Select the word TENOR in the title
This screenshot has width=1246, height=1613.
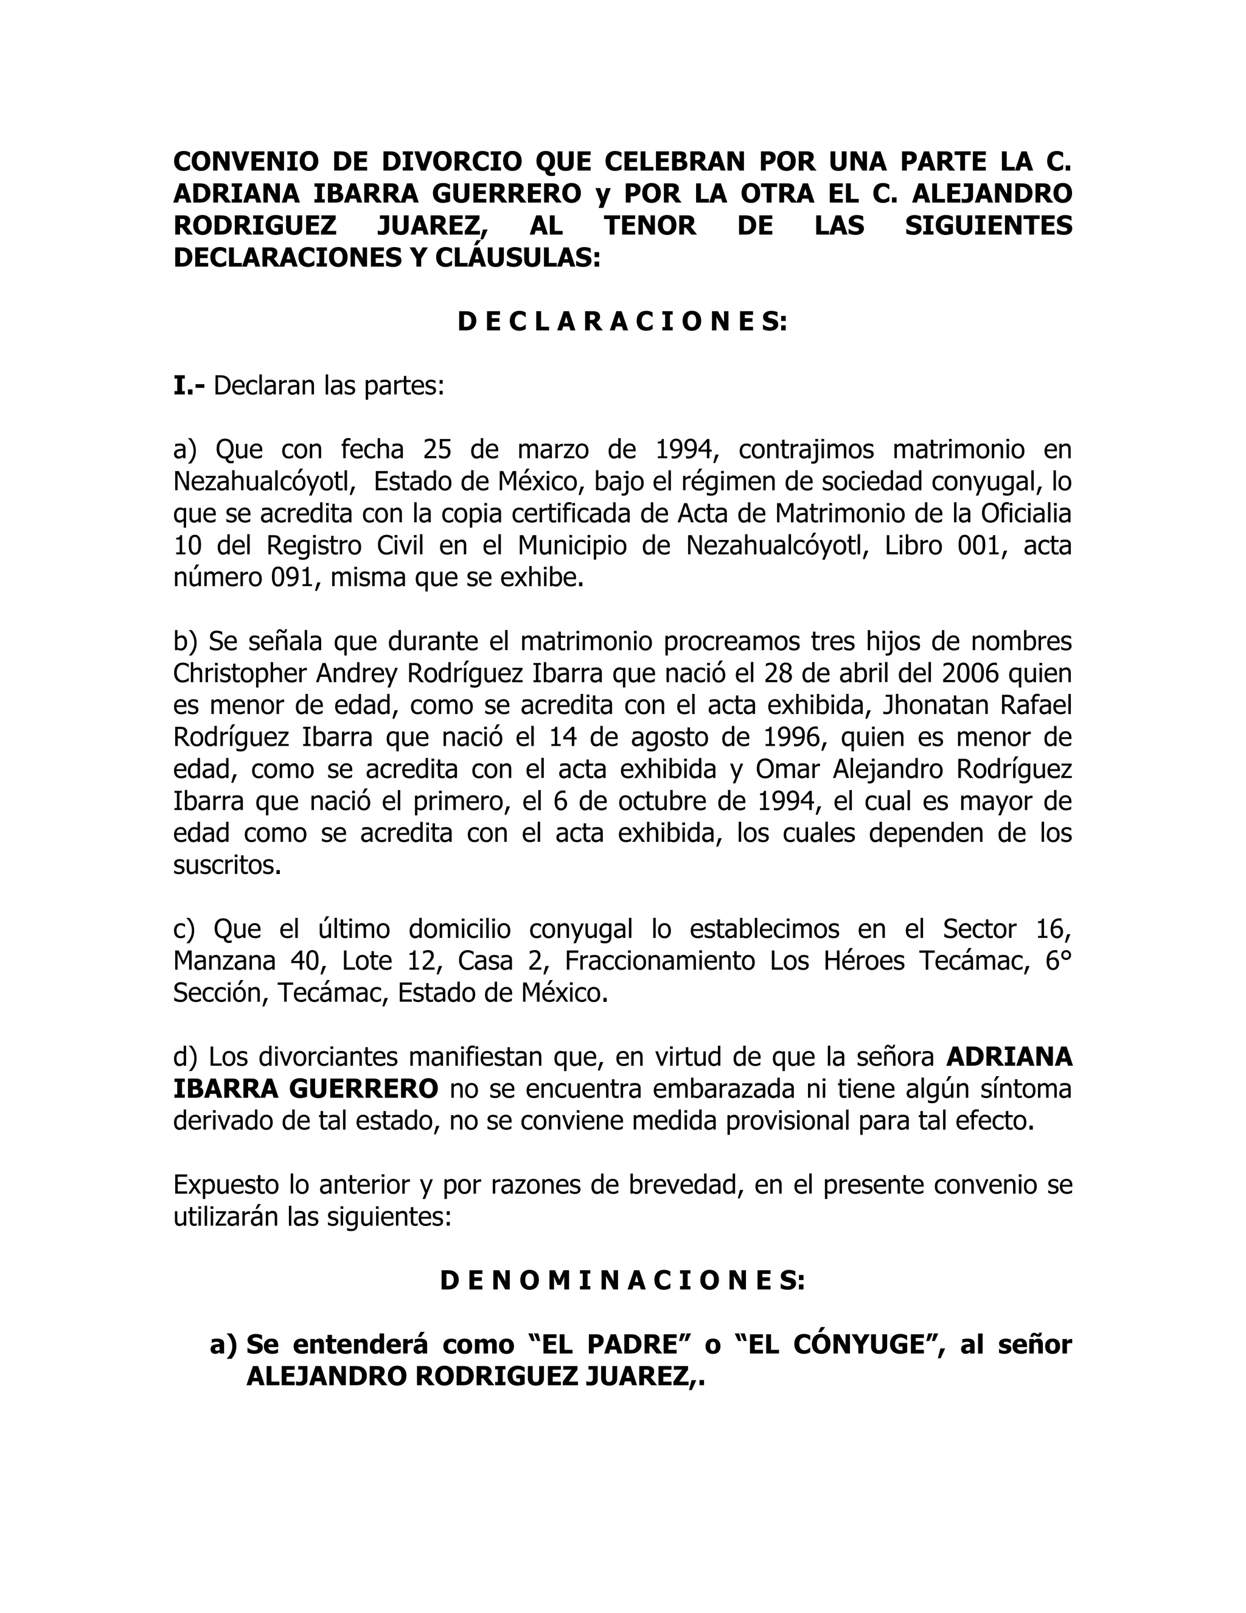pyautogui.click(x=650, y=225)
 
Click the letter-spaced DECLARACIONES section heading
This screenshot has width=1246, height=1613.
pyautogui.click(x=622, y=322)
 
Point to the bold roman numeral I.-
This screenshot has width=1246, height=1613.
pyautogui.click(x=190, y=385)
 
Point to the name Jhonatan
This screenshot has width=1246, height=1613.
pyautogui.click(x=924, y=705)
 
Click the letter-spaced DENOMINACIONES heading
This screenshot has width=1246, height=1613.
pyautogui.click(x=622, y=1281)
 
